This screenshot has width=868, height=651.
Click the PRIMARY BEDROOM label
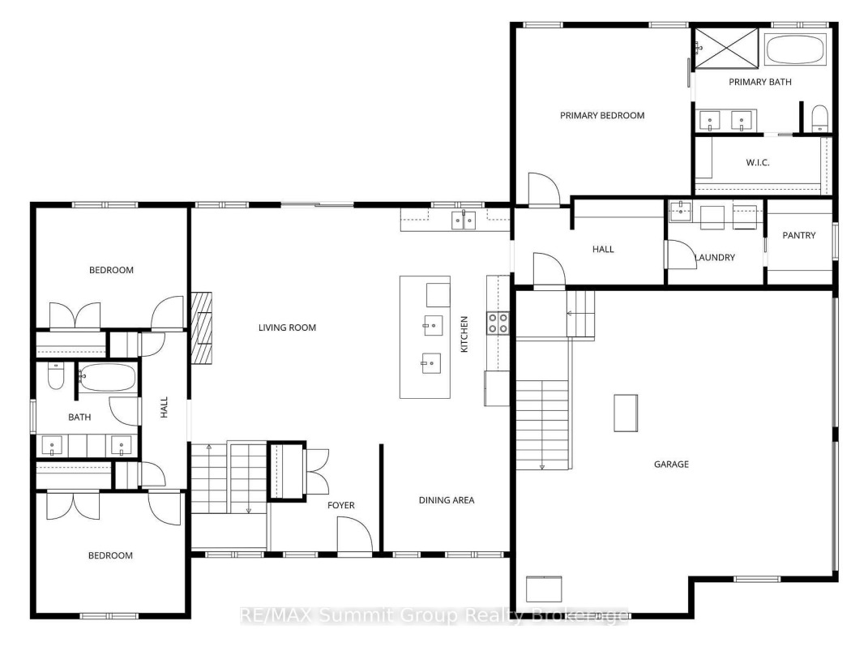(x=601, y=116)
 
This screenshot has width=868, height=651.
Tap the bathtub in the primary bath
(x=796, y=49)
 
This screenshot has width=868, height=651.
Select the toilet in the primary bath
(x=819, y=118)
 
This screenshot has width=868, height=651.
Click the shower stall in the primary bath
(x=725, y=48)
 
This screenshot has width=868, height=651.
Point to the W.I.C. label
(x=757, y=163)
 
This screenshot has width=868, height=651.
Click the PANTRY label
(x=799, y=235)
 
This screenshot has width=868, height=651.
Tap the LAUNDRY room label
(x=715, y=258)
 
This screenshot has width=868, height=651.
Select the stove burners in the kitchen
(x=498, y=323)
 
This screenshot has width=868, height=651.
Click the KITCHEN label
(x=464, y=334)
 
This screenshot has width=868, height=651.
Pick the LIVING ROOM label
(x=287, y=328)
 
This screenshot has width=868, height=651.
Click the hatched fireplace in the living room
(x=202, y=328)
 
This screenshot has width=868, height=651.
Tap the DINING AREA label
(x=447, y=500)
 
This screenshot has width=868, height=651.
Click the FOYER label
(x=341, y=505)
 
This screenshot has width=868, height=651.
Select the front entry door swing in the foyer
(x=355, y=534)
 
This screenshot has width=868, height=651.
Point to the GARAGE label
(x=672, y=465)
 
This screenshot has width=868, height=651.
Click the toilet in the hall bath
(x=56, y=376)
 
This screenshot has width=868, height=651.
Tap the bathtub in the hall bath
(x=106, y=378)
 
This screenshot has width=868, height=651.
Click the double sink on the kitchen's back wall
(x=464, y=220)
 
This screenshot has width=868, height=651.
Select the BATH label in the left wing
(x=79, y=418)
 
